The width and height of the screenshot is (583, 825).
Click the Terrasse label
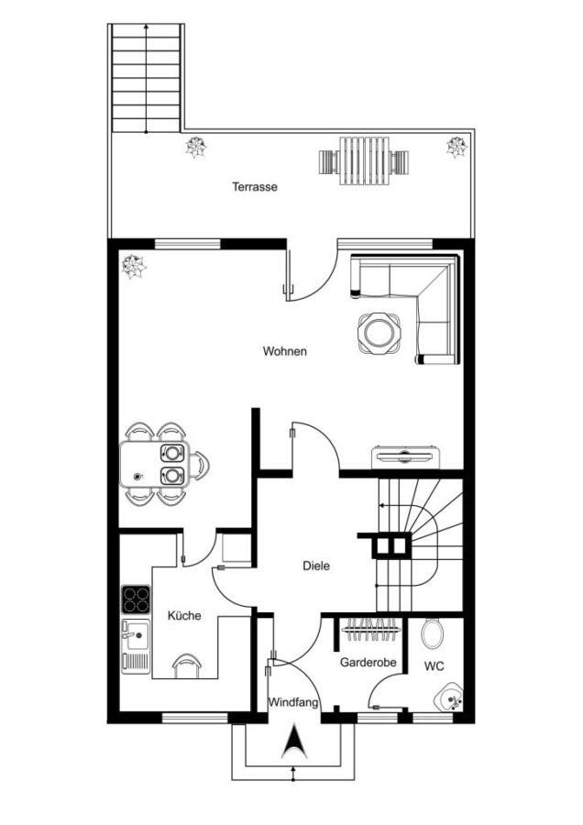255,187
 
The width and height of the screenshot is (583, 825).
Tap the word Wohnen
285,351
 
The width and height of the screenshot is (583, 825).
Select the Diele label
316,566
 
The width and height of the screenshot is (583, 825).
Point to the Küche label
184,615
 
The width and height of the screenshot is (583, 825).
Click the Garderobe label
368,662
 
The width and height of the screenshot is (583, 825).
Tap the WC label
434,666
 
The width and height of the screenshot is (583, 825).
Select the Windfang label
293,702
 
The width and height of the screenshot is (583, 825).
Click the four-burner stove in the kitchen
136,599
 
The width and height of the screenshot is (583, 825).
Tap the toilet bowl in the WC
433,632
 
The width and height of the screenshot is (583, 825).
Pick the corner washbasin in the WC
450,698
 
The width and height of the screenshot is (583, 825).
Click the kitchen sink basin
136,635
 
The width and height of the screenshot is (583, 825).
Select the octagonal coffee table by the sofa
379,332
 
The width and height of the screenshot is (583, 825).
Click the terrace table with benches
364,161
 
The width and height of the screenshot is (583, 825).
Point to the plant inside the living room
134,266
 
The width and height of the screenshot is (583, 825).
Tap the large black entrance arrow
294,742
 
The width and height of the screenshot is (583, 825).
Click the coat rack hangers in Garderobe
370,629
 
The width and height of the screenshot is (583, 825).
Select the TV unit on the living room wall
404,457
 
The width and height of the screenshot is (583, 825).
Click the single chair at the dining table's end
199,466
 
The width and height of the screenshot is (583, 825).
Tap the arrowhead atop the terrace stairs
146,26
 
